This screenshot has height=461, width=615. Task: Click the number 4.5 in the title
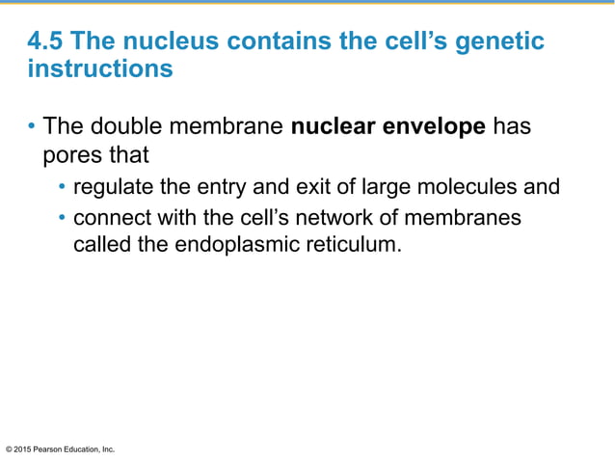[45, 41]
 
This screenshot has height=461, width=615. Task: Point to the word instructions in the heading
[100, 70]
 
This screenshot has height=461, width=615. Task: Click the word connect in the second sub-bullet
[111, 218]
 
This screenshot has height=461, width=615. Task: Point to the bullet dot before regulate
[63, 187]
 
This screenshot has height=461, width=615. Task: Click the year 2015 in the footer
[25, 449]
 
